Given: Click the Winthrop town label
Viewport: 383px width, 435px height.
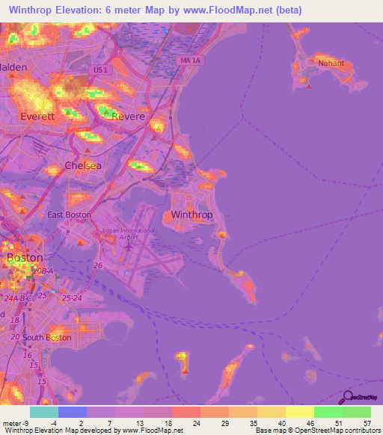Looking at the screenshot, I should click(x=192, y=215).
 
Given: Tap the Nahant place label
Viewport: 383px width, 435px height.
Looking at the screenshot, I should click(x=331, y=63).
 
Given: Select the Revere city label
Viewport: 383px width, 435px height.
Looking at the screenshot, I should click(x=128, y=116).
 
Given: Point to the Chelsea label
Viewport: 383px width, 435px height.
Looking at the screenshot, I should click(x=82, y=165).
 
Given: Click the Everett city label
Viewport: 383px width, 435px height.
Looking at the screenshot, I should click(x=37, y=117).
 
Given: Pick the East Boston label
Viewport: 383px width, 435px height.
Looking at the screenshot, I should click(x=69, y=215).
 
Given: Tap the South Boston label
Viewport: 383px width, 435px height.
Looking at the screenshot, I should click(x=46, y=337).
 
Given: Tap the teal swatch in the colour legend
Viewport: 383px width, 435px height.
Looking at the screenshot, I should click(x=44, y=412).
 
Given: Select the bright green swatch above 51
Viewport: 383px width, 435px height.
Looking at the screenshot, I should click(x=328, y=412).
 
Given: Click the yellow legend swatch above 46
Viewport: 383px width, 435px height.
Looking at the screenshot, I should click(x=300, y=412).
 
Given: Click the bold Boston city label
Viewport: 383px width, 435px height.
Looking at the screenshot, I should click(x=25, y=257).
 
